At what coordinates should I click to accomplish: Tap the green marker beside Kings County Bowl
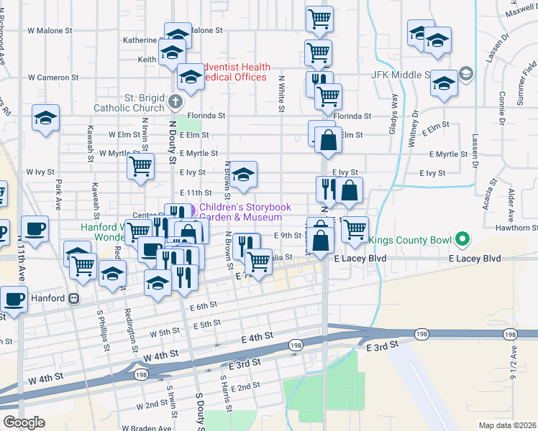pyautogui.click(x=464, y=237)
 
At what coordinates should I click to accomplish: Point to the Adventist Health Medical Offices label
pyautogui.click(x=237, y=72)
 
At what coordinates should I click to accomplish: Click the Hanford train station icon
pyautogui.click(x=73, y=298)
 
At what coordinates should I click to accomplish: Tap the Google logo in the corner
pyautogui.click(x=24, y=422)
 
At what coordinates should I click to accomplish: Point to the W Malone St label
pyautogui.click(x=50, y=31)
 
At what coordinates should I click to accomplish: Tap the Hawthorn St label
pyautogui.click(x=521, y=228)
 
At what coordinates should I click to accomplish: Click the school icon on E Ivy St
pyautogui.click(x=243, y=174)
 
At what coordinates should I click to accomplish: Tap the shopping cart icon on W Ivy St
pyautogui.click(x=140, y=167)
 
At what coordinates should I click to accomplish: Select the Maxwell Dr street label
pyautogui.click(x=524, y=11)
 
